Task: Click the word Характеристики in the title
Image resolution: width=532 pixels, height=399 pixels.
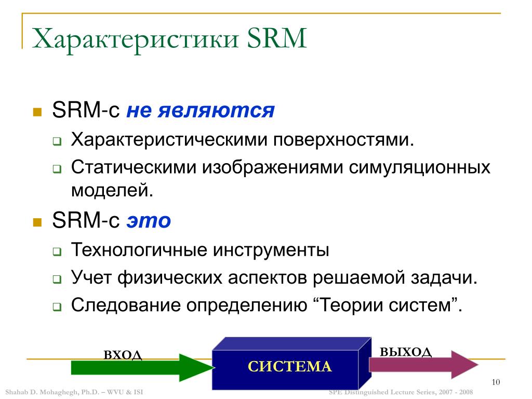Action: [136, 39]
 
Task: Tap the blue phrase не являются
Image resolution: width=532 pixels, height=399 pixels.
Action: [201, 110]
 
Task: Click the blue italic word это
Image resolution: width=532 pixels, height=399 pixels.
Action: [149, 220]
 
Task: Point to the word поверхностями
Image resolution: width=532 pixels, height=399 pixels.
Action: [343, 140]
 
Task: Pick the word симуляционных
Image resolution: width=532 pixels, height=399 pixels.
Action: [419, 168]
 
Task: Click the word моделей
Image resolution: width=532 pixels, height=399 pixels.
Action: [112, 190]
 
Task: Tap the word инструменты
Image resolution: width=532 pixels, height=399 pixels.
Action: [271, 250]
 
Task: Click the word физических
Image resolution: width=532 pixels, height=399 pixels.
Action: [170, 277]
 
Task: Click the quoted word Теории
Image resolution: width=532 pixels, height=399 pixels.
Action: [350, 305]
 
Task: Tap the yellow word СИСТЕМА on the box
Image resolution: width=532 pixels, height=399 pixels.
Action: [289, 367]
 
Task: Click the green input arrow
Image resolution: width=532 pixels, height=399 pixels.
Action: [142, 367]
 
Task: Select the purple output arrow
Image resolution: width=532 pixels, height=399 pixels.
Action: [423, 365]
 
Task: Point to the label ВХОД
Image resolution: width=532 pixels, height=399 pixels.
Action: [123, 355]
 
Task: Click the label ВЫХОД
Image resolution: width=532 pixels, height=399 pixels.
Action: [405, 352]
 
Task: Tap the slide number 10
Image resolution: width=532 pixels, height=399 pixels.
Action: [496, 382]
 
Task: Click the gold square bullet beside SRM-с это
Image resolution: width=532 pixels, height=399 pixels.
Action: [37, 222]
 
